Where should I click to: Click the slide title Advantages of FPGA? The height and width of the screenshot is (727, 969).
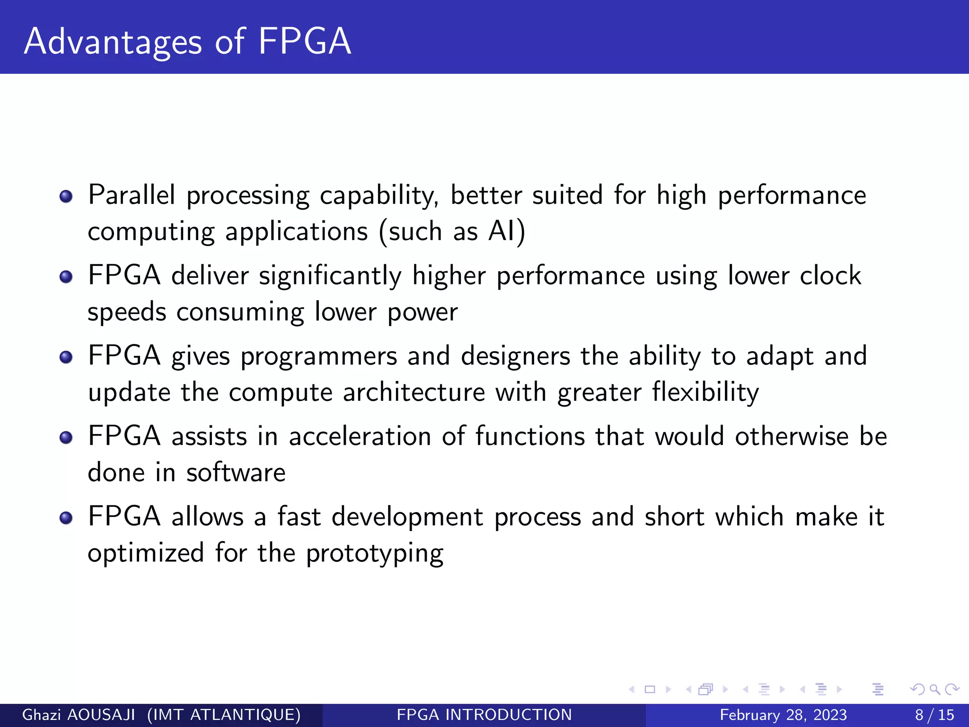(187, 42)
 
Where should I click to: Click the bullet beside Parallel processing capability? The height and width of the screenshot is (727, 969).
(66, 196)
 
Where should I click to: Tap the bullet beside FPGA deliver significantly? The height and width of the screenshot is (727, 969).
(66, 276)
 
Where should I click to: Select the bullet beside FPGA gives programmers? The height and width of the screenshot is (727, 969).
(66, 357)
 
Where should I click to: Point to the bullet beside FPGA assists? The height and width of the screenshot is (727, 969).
(66, 437)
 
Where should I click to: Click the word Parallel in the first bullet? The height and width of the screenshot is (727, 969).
(132, 195)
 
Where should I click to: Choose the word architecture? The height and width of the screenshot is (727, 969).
(414, 392)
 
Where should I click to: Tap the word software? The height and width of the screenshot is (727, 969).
(236, 472)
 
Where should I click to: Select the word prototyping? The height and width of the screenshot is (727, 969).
(375, 553)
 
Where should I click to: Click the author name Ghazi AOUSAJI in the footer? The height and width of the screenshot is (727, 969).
(79, 715)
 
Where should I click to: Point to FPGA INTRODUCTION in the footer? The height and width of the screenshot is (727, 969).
(484, 715)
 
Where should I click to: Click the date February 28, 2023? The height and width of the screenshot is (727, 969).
(783, 715)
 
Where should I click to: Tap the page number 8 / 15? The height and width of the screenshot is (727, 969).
(934, 715)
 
